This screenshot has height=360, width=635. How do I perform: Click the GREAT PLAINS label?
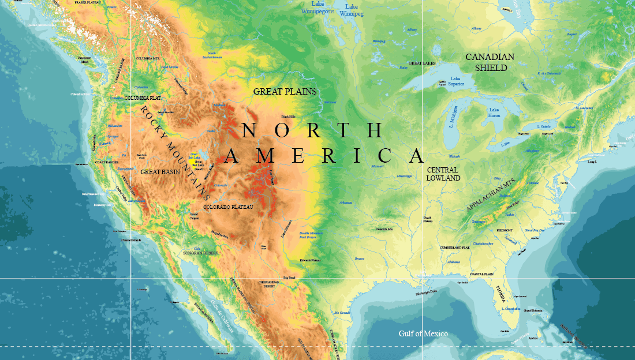coord(285,91)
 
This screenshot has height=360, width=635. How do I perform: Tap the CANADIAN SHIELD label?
coord(490,62)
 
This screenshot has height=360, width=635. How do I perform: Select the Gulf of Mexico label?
coord(423,333)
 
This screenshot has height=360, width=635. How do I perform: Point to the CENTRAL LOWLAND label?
coord(443,174)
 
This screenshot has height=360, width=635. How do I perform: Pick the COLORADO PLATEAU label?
coord(228,207)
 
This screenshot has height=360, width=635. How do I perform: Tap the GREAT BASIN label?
coord(160,172)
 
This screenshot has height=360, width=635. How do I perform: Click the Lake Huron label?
coord(494,112)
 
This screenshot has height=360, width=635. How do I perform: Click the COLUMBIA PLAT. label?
coord(143,98)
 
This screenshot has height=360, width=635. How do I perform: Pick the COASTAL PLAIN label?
coord(483,274)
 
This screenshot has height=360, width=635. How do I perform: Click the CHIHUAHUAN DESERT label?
coord(269,284)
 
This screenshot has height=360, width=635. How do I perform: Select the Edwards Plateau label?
coord(310,260)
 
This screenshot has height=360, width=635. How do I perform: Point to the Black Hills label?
coord(288,117)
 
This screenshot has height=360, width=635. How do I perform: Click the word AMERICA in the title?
coord(324,156)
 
